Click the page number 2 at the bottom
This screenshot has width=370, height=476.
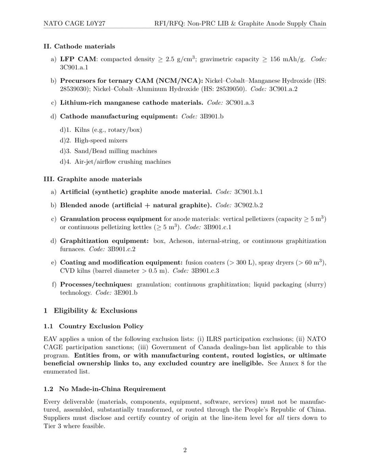[x=185, y=450]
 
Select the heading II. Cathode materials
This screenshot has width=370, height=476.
[x=79, y=46]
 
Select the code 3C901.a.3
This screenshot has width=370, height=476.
[x=240, y=103]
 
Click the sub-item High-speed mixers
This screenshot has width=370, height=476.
[x=101, y=140]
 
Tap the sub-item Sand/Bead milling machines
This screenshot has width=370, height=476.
[x=116, y=151]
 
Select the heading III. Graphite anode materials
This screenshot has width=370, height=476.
[x=92, y=179]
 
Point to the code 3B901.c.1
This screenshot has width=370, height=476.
[x=217, y=227]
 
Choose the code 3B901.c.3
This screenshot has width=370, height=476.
[x=205, y=271]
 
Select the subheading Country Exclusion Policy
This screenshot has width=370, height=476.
[x=101, y=326]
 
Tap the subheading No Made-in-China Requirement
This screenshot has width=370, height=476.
[x=113, y=389]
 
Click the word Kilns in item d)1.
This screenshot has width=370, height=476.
[x=82, y=130]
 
